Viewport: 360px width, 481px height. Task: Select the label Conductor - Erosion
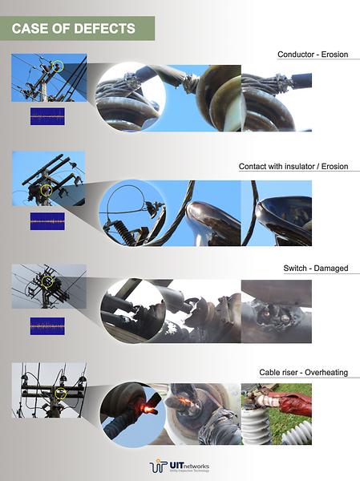point(313,55)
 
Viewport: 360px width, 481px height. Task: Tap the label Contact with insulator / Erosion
point(293,167)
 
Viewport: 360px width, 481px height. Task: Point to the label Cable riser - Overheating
point(303,373)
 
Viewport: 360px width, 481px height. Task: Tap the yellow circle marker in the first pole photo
point(57,65)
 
